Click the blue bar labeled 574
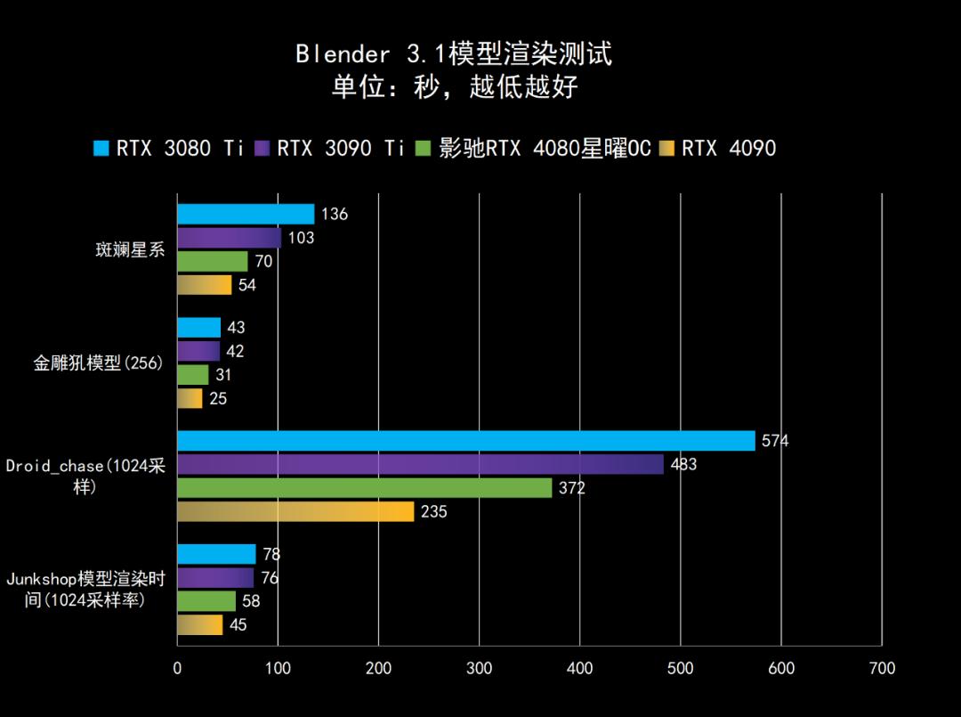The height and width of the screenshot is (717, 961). point(465,441)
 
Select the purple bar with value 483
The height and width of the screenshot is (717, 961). point(420,464)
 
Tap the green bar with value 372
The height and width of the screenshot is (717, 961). point(364,488)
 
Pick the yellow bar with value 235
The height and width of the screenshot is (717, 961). point(295,511)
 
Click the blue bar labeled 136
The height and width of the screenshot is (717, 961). point(246,214)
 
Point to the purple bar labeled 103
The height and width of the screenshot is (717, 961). point(229,238)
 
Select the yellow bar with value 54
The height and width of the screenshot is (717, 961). point(204,285)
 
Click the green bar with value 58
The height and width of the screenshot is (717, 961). point(206,601)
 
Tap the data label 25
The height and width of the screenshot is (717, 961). point(218,398)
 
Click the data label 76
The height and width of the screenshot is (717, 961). point(270,578)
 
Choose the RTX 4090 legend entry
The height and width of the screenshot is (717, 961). point(718,148)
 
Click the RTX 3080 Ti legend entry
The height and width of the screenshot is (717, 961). point(169,148)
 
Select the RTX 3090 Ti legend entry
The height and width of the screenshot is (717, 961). point(330,148)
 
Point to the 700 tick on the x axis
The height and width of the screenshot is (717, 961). point(882,668)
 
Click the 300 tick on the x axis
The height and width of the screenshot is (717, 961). point(479,668)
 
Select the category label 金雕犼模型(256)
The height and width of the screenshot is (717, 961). point(98,363)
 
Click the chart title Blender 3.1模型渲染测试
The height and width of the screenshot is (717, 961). point(454,53)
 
